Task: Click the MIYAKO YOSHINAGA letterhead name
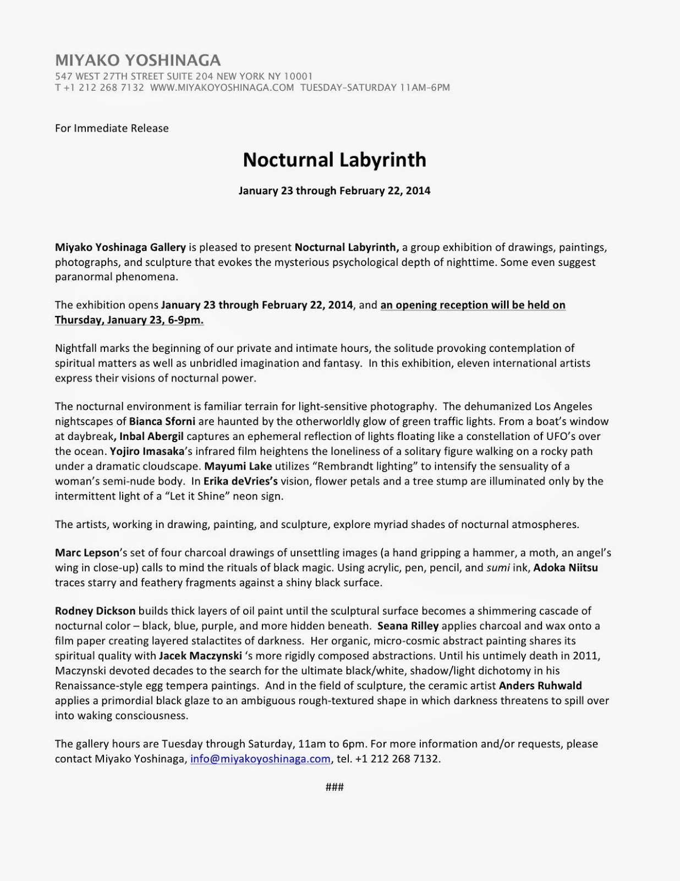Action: pos(138,61)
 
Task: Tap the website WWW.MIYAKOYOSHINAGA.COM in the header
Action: pos(222,88)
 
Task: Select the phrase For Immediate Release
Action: pos(112,128)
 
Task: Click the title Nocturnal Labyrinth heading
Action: pos(334,160)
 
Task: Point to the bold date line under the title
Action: pos(334,191)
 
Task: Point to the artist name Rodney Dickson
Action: pos(95,611)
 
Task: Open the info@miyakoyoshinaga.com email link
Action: pos(260,759)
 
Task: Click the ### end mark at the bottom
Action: pos(334,787)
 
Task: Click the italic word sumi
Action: pos(497,568)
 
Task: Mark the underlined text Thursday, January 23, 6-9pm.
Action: pos(129,320)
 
